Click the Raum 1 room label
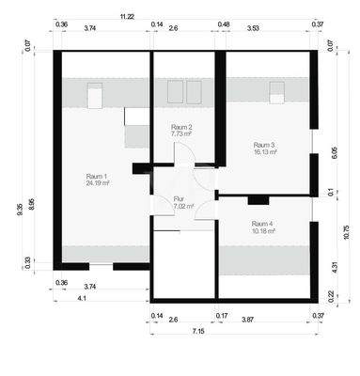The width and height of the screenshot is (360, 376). [x=97, y=176]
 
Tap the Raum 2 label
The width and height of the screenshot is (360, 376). [x=181, y=127]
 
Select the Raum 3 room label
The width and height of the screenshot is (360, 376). [x=264, y=144]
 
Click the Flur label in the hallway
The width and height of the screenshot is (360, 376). [x=179, y=198]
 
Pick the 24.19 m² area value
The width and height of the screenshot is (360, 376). [x=98, y=184]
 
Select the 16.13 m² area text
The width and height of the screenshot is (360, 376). [x=264, y=152]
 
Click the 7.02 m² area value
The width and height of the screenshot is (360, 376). [x=182, y=207]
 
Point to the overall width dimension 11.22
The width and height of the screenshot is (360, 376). [x=126, y=17]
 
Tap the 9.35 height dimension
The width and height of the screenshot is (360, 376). [x=20, y=209]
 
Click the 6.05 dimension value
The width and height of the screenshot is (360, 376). [x=335, y=152]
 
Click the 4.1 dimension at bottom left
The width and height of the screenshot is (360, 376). [x=82, y=298]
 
